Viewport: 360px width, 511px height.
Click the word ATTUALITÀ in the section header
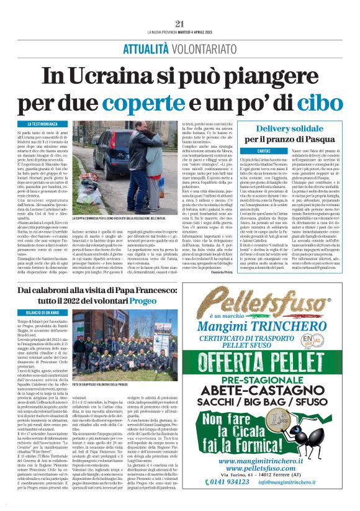pyautogui.click(x=145, y=49)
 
